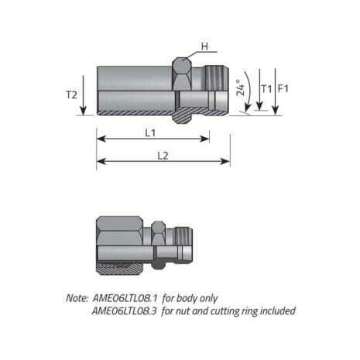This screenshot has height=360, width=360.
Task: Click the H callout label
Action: click(x=204, y=46)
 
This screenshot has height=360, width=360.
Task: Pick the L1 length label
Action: click(x=153, y=133)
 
